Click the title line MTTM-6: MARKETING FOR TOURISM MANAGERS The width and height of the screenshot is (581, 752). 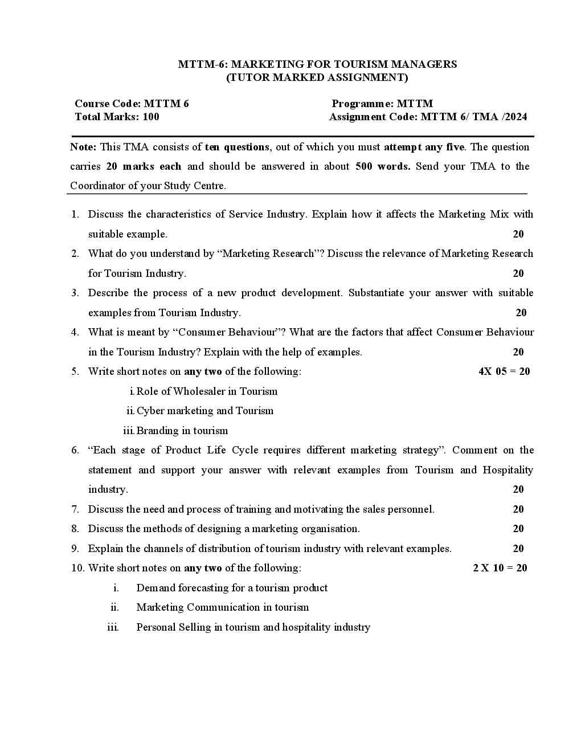(317, 64)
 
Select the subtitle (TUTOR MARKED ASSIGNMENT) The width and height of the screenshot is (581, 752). (317, 77)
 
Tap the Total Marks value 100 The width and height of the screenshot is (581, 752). (151, 117)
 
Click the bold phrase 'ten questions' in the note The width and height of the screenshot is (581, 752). (237, 147)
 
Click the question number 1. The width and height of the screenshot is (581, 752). (75, 214)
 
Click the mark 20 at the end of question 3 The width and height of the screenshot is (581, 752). (521, 313)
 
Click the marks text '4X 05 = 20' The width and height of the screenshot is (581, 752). (504, 371)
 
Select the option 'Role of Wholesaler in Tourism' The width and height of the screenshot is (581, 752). (207, 391)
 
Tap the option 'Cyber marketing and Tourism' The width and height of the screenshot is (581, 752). (205, 411)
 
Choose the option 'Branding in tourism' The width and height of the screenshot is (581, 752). (182, 431)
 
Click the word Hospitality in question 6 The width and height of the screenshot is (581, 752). (508, 470)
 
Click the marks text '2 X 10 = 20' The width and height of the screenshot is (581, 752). (500, 568)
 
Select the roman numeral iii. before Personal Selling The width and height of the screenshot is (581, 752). (113, 627)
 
